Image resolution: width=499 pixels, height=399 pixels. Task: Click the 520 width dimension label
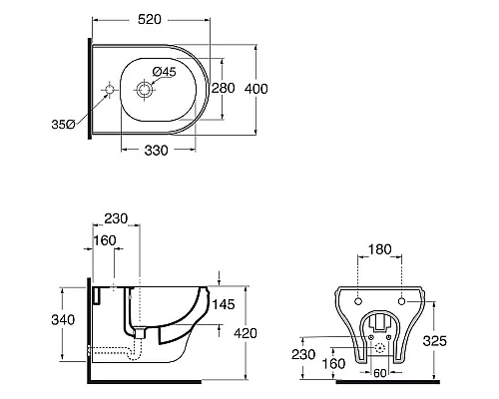point(150,20)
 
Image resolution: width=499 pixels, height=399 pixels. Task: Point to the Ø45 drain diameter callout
point(164,72)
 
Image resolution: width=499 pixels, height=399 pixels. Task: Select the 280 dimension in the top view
point(224,88)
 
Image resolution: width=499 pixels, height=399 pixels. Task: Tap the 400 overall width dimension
point(256,89)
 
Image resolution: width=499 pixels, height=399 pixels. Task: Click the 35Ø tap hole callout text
point(63,125)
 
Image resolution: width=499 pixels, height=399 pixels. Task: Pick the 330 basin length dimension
point(156,151)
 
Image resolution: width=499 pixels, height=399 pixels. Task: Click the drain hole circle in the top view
point(144,90)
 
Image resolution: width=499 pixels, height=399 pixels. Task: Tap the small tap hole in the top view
point(110,90)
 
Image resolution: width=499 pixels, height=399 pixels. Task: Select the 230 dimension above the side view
point(116,218)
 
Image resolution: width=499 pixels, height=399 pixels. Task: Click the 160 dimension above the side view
point(105,240)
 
